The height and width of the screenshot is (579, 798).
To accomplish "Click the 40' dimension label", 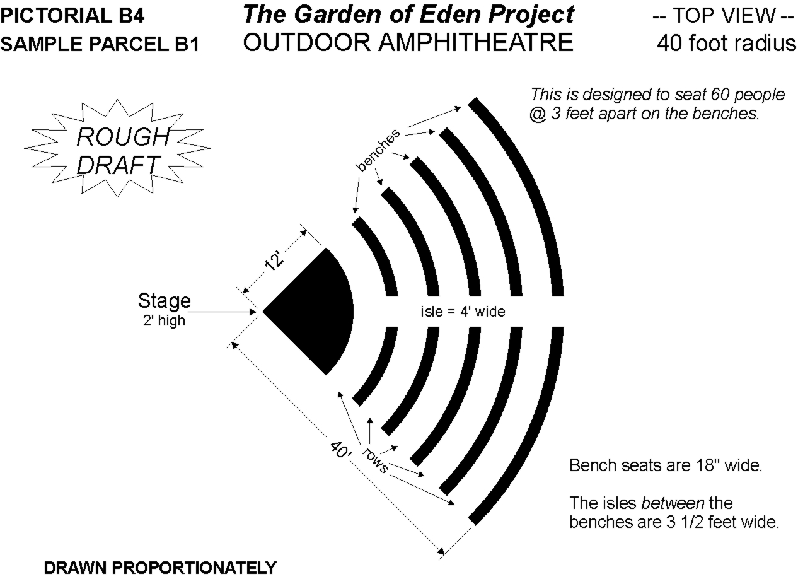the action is coord(341,450).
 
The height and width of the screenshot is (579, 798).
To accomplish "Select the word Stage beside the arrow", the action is coord(165,301).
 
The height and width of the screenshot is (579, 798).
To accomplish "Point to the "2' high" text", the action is coord(165,320).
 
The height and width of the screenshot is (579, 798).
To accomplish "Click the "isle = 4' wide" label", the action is coord(463,312).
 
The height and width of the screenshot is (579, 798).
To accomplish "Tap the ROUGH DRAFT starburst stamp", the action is coord(118,148).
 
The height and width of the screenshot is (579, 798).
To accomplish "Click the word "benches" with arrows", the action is coord(378,150).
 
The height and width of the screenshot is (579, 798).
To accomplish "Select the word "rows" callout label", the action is coord(375,460).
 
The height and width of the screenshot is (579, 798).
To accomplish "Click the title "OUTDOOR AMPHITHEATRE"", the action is coord(408,42).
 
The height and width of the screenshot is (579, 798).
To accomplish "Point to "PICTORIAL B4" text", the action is coord(72,16).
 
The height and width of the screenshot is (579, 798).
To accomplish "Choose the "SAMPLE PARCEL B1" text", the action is coord(100,44).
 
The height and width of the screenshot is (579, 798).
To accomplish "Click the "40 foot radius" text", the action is coord(727,43).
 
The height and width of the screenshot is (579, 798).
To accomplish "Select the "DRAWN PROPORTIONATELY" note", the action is coord(160,568).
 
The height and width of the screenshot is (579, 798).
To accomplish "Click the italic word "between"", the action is coord(673,503).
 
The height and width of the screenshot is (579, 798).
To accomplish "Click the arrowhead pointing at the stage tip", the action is coord(253,312).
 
